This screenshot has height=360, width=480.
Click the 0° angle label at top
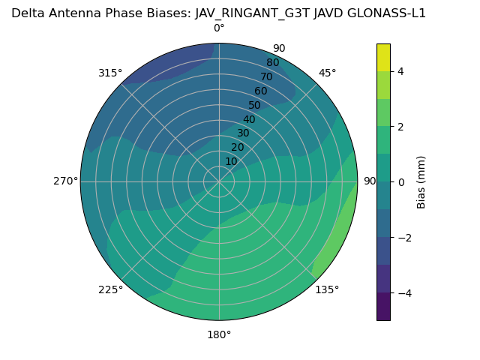219,28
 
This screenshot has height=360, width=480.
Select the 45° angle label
327,73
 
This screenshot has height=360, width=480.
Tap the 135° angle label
327,289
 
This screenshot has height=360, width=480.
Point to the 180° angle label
219,334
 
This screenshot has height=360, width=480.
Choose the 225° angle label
110,289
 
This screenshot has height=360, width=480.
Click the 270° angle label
65,181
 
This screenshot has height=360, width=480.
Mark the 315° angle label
110,73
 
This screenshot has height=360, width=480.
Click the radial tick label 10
231,161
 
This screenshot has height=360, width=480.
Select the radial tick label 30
243,133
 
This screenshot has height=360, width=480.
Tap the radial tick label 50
255,106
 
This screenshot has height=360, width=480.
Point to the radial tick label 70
267,77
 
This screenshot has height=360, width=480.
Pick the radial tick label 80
273,63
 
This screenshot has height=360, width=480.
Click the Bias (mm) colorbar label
421,181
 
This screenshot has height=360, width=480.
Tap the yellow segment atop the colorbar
383,57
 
